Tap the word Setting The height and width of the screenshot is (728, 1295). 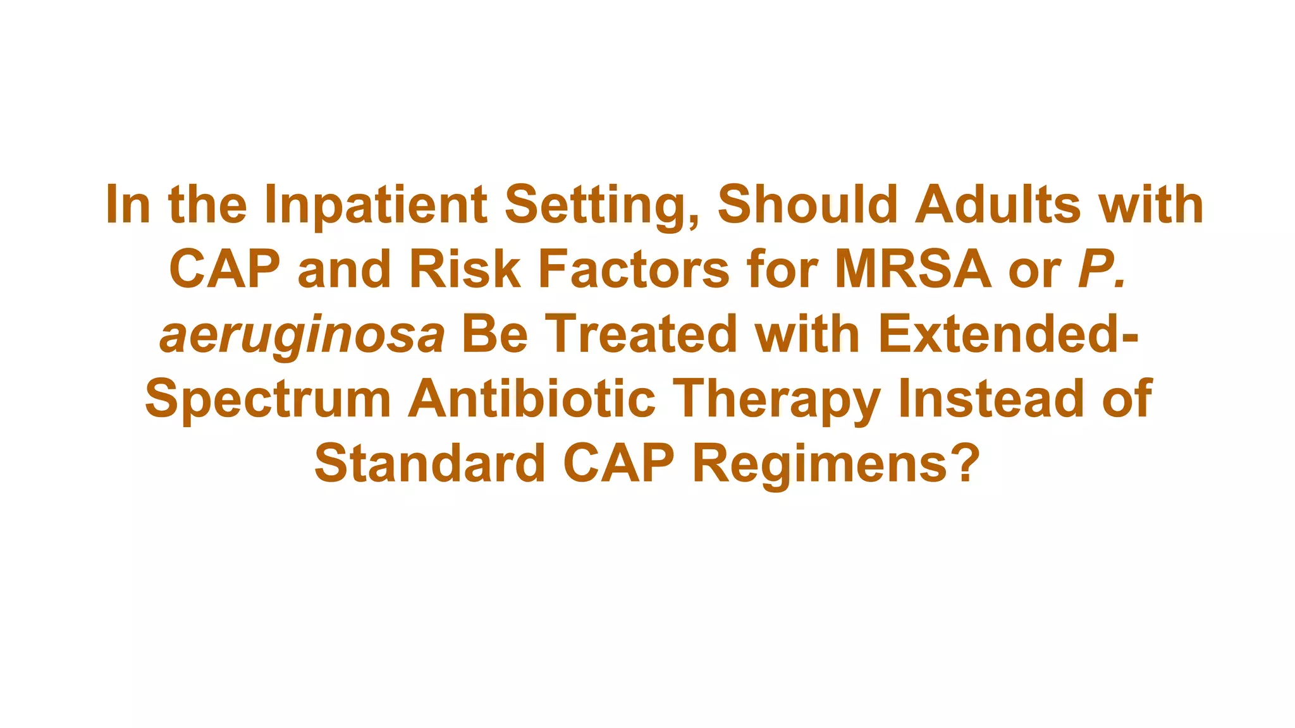point(603,205)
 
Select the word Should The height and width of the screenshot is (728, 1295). point(807,205)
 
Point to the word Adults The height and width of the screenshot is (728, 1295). point(997,205)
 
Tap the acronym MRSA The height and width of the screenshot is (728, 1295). point(912,270)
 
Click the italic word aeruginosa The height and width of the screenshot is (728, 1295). point(302,336)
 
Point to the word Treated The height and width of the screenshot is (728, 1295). point(641,334)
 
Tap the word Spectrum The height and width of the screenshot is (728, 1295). point(268,399)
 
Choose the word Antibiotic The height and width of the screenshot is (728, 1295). point(532,399)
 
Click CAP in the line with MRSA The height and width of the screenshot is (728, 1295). point(224,270)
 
